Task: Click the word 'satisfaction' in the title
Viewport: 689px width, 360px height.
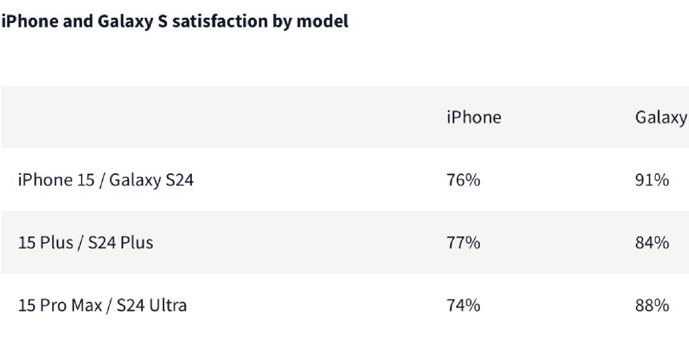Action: [x=219, y=21]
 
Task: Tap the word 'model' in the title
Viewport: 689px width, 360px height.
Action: [x=323, y=21]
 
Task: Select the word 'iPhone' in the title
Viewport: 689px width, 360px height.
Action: [x=30, y=21]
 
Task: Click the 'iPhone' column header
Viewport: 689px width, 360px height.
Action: [x=473, y=117]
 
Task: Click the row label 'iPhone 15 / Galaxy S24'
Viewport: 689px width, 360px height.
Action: [x=106, y=180]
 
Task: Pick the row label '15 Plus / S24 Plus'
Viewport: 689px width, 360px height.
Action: [x=85, y=243]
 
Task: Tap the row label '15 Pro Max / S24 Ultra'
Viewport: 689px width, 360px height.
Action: [x=102, y=306]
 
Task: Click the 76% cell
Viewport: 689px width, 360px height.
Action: [x=463, y=180]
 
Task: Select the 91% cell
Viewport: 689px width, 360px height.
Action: [x=652, y=180]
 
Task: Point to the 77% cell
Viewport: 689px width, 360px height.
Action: [x=463, y=243]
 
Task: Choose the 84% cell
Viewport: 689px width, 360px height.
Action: [x=652, y=243]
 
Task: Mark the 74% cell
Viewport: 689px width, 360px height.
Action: [x=463, y=306]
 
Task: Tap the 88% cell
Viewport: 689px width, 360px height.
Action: [x=652, y=306]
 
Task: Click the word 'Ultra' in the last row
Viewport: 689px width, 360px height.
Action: [x=168, y=306]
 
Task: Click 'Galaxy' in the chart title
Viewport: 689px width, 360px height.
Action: [x=125, y=22]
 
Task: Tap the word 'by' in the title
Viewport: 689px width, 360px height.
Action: [x=282, y=22]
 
